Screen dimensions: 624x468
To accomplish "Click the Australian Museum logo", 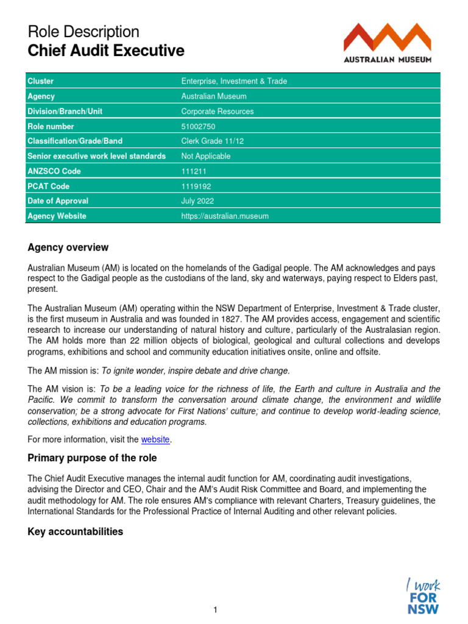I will [388, 43].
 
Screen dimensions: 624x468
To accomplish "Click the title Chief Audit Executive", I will [106, 51].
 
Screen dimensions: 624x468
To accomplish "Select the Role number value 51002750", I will [198, 127].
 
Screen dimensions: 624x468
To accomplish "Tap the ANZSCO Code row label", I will [54, 171].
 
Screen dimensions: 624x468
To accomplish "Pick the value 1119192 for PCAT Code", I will [196, 186].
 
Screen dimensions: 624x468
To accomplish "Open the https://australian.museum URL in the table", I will [225, 216].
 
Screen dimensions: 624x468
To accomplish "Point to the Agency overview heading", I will [68, 247].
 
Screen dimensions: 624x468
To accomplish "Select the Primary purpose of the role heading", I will [92, 458].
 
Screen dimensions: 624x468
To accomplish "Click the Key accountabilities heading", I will [76, 532].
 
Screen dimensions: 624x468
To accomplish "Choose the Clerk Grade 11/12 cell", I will [211, 141].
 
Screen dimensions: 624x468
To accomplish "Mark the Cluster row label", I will [41, 82].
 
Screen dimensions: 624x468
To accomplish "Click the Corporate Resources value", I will [218, 112].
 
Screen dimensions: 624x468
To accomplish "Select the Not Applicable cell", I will [206, 157].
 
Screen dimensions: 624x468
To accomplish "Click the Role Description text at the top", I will [83, 32].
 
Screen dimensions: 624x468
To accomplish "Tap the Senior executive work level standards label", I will [97, 157].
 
